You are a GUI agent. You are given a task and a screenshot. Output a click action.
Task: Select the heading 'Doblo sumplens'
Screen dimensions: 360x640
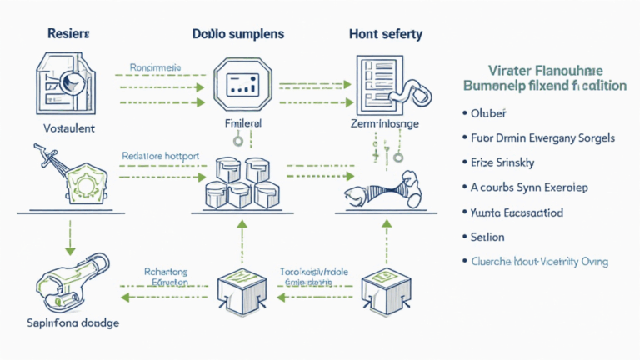click(237, 34)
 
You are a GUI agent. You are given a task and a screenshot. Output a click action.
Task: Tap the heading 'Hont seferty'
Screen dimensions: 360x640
click(385, 34)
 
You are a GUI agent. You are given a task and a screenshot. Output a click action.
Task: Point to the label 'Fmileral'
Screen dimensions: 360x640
click(244, 122)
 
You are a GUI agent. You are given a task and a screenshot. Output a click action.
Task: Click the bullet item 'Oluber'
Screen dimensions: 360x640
click(488, 112)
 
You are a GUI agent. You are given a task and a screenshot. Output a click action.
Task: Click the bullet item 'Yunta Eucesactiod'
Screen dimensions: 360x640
click(517, 212)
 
